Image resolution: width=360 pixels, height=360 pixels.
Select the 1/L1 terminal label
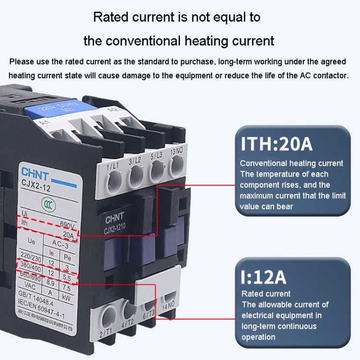pyautogui.click(x=112, y=165)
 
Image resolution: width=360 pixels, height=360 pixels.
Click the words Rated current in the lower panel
pyautogui.click(x=266, y=294)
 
